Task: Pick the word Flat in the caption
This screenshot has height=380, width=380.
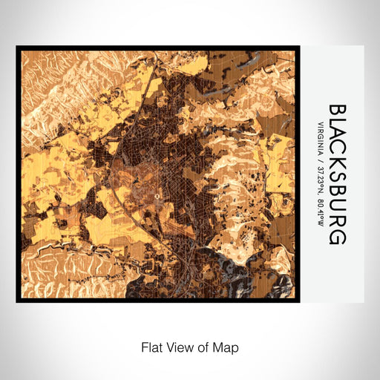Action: [150, 347]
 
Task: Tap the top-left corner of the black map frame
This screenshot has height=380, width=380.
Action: [18, 47]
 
